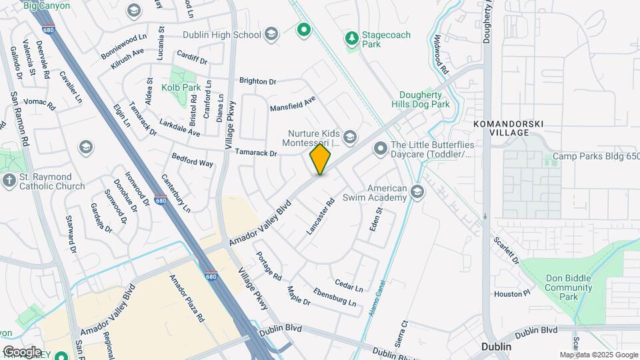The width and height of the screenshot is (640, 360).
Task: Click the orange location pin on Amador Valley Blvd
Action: (x=321, y=159)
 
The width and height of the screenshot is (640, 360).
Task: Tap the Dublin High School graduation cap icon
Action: (x=271, y=34)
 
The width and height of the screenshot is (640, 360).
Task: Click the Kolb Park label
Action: (x=181, y=87)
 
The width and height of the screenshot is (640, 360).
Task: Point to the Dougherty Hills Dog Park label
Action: (x=425, y=99)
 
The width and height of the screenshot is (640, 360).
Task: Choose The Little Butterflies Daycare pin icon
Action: (x=381, y=148)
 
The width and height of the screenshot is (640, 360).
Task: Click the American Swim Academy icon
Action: (x=417, y=193)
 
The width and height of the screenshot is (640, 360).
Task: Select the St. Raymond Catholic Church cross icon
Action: (x=9, y=181)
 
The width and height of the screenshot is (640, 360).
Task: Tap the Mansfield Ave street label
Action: (x=292, y=105)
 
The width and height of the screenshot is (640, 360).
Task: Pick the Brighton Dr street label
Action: (x=257, y=81)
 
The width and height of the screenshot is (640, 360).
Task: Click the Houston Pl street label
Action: (x=512, y=293)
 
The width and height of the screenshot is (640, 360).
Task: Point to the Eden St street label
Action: (x=376, y=220)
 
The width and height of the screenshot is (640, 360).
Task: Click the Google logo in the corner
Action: (x=21, y=351)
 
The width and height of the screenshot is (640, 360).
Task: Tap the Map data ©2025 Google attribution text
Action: (x=598, y=355)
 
